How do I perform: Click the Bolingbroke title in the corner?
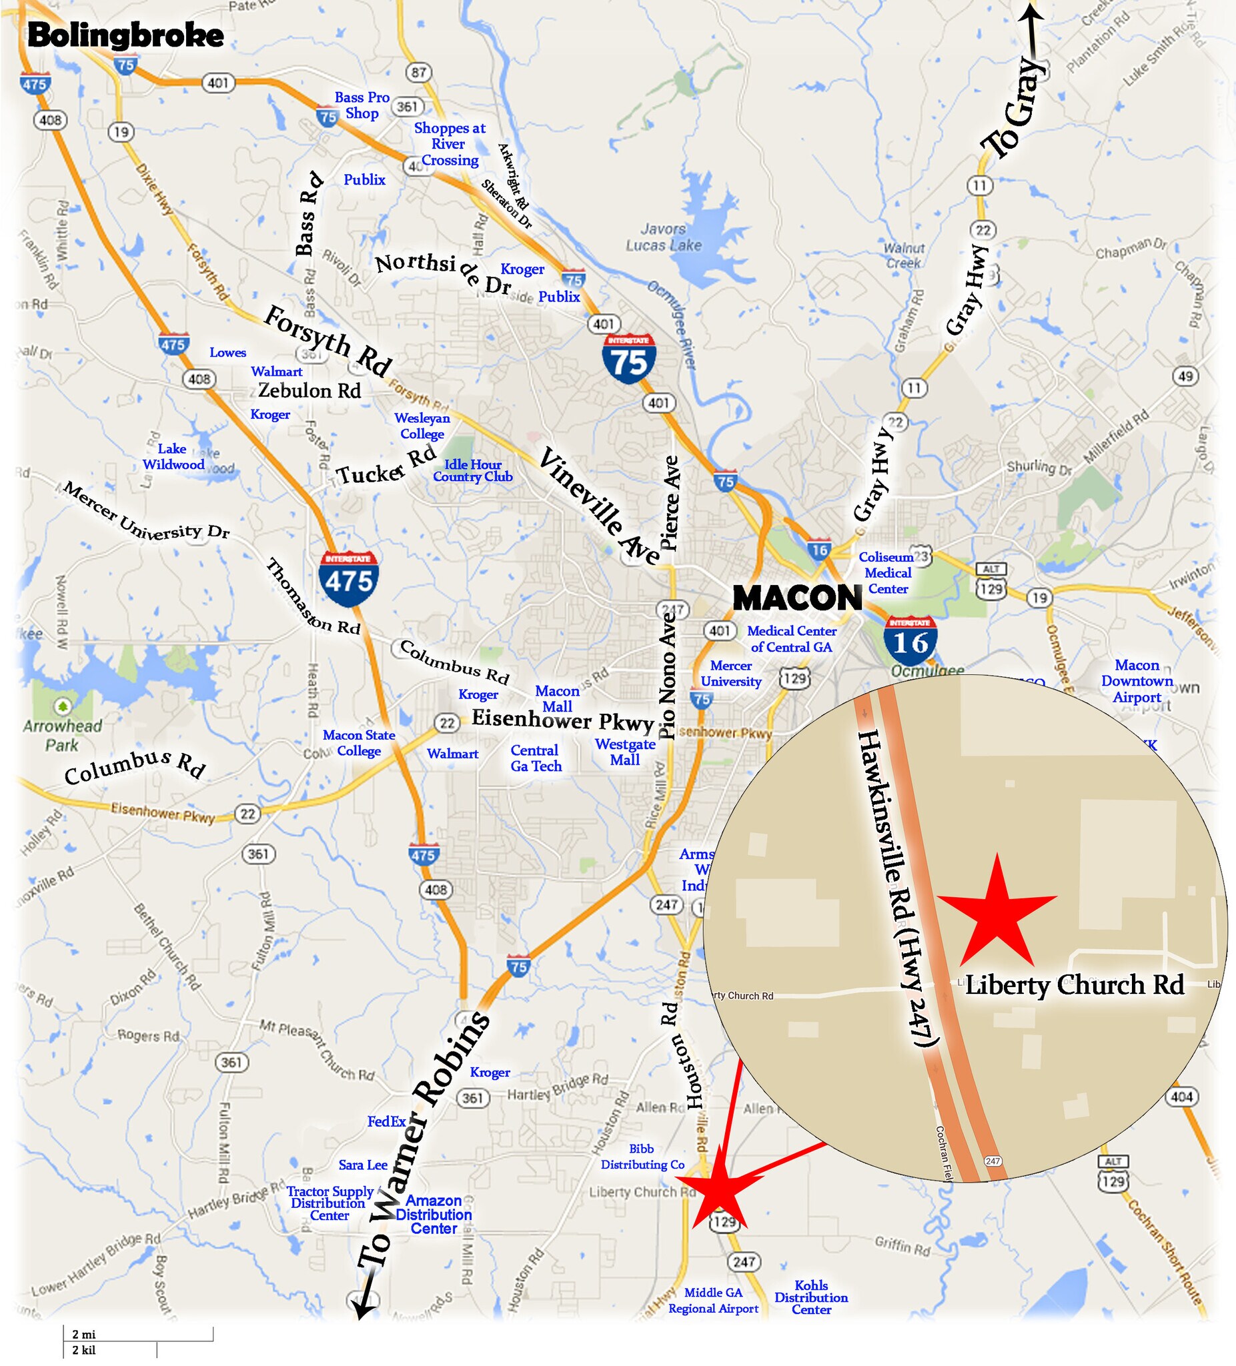coord(125,36)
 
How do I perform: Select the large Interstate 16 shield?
coord(910,640)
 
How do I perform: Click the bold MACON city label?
coord(797,598)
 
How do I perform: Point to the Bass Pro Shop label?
coord(362,105)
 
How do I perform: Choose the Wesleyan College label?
coord(422,426)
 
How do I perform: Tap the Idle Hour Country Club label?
coord(473,470)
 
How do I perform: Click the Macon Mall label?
coord(557,698)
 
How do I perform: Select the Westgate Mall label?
coord(625,752)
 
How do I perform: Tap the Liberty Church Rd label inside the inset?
coord(1074,984)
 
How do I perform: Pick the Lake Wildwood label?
coord(173,457)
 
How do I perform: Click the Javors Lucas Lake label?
coord(664,237)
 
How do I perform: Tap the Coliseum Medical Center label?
coord(887,572)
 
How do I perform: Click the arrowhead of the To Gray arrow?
coord(1032,8)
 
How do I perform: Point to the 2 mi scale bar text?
coord(84,1334)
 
